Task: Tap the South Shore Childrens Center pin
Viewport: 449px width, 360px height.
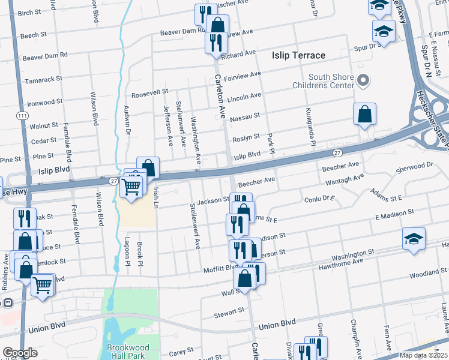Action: click(363, 80)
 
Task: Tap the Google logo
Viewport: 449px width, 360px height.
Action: click(20, 353)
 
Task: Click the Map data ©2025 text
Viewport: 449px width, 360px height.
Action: click(423, 355)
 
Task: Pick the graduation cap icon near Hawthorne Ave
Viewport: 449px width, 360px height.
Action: click(414, 239)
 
